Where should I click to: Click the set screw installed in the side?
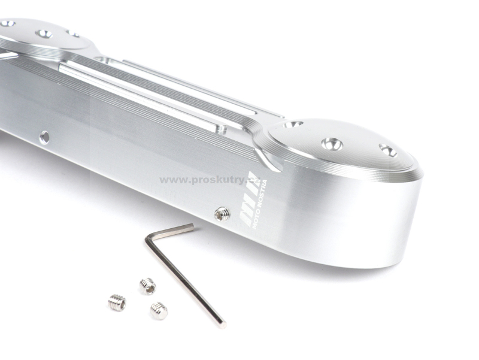coord(222,214)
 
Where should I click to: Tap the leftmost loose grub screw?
coord(117,302)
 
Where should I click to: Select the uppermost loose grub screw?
coord(148,286)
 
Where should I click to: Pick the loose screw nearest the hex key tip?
coord(159,311)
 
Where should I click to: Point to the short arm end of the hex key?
coord(191,226)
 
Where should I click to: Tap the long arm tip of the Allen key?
coord(222,325)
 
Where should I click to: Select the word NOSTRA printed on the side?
coord(262,195)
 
